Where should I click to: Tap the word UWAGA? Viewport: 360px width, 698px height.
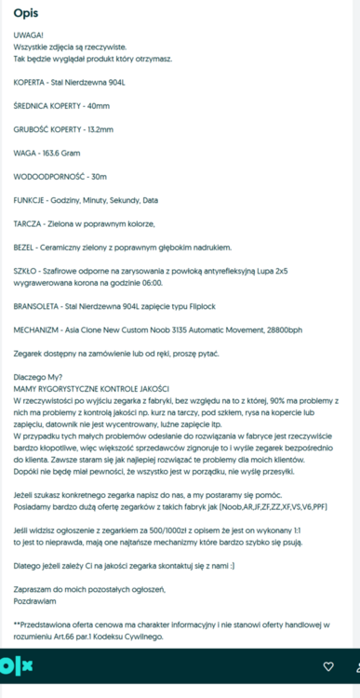point(29,35)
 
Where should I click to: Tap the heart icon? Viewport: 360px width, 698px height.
point(327,666)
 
